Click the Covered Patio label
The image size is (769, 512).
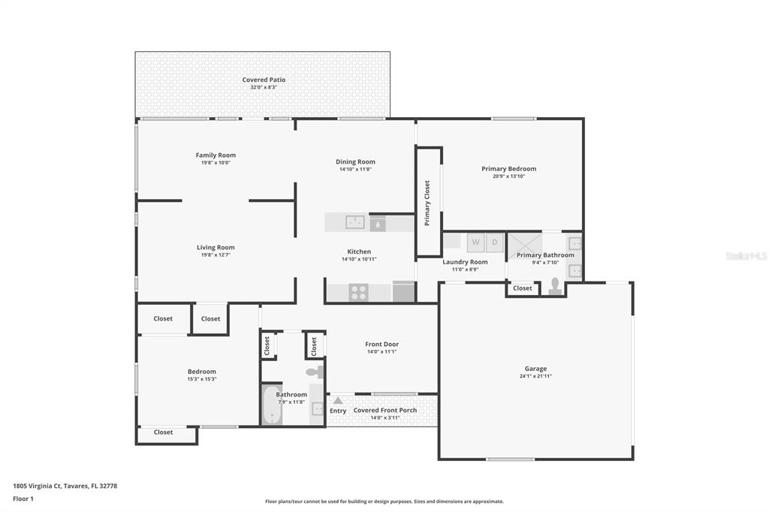264,80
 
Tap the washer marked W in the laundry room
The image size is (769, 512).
475,242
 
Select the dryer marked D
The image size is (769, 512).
494,242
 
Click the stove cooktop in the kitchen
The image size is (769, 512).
358,292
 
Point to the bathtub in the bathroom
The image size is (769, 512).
272,405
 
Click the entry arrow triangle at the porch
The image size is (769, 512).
338,400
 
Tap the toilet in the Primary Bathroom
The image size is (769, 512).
555,287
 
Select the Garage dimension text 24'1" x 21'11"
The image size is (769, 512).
535,376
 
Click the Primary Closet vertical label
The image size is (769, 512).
427,203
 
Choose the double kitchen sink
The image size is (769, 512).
355,222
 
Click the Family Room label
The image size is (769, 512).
216,155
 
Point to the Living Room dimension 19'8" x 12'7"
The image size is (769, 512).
216,255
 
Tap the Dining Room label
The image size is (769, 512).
355,161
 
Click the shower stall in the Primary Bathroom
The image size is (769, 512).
525,245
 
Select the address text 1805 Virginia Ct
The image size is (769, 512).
38,486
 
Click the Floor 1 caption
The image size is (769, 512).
23,498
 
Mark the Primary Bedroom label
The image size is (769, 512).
509,169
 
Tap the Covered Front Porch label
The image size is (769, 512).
385,410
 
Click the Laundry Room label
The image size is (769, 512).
465,262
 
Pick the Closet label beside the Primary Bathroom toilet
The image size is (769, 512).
523,288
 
